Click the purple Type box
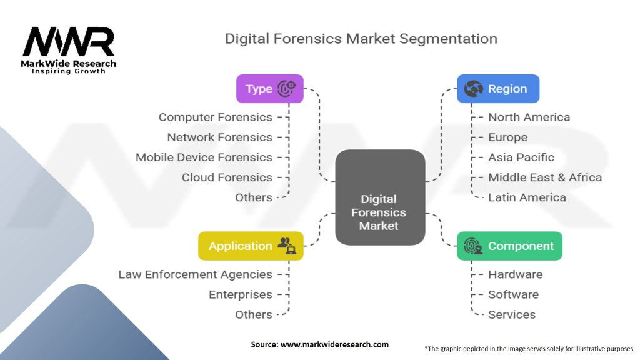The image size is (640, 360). click(x=270, y=89)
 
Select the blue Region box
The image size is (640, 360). click(x=498, y=89)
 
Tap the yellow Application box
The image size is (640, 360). click(x=251, y=246)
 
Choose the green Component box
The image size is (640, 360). click(x=509, y=246)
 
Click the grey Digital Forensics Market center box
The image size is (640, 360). click(x=380, y=197)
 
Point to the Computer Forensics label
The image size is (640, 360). click(x=216, y=117)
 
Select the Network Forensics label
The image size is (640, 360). click(x=219, y=137)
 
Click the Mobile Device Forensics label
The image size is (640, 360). click(x=204, y=157)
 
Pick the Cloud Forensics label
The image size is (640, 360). click(x=227, y=177)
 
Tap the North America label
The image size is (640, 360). click(x=529, y=117)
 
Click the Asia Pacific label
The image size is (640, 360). click(x=521, y=157)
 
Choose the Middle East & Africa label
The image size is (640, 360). click(x=545, y=177)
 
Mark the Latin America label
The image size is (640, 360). click(x=527, y=197)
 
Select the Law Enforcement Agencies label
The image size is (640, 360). click(x=195, y=274)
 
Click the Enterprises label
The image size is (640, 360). click(x=241, y=295)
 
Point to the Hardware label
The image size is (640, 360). click(x=516, y=274)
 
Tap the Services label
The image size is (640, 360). click(x=512, y=315)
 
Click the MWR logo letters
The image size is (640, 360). click(x=69, y=42)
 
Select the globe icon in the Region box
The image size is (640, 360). click(x=474, y=89)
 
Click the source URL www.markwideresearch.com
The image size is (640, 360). click(x=335, y=344)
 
